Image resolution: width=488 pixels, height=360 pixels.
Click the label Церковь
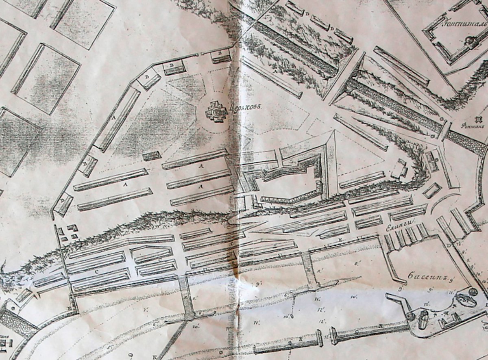pyautogui.click(x=246, y=108)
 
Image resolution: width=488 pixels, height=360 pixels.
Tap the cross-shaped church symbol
pyautogui.click(x=216, y=110)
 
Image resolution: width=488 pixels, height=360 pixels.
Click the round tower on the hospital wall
pyautogui.click(x=471, y=41)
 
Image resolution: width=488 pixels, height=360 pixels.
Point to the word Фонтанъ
pyautogui.click(x=474, y=126)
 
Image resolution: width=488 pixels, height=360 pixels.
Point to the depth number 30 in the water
pyautogui.click(x=196, y=326)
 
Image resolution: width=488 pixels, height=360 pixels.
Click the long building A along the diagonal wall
pyautogui.click(x=117, y=119)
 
